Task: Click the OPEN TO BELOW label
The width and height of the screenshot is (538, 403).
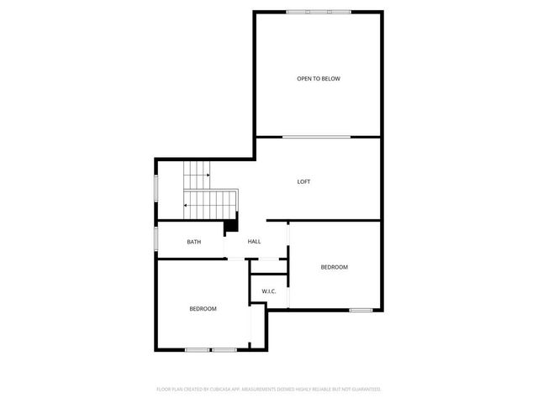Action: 318,79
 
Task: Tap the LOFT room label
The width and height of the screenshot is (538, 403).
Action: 303,181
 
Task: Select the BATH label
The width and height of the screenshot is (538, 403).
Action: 193,242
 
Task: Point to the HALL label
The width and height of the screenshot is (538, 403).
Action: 254,242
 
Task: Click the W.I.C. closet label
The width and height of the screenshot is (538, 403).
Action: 269,291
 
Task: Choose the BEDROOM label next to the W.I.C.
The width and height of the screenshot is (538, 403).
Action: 334,267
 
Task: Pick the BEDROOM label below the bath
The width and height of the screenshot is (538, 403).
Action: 203,309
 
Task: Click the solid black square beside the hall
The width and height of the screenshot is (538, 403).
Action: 229,226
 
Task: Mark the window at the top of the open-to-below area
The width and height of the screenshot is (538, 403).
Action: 318,12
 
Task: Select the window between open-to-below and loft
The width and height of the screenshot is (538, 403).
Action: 316,137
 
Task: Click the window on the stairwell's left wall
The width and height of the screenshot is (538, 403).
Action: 155,187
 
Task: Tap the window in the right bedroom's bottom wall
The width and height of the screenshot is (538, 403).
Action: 361,311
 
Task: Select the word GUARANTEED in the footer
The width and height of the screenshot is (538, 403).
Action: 365,390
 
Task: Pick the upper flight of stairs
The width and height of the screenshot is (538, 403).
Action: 197,175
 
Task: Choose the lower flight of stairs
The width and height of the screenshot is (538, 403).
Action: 211,204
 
